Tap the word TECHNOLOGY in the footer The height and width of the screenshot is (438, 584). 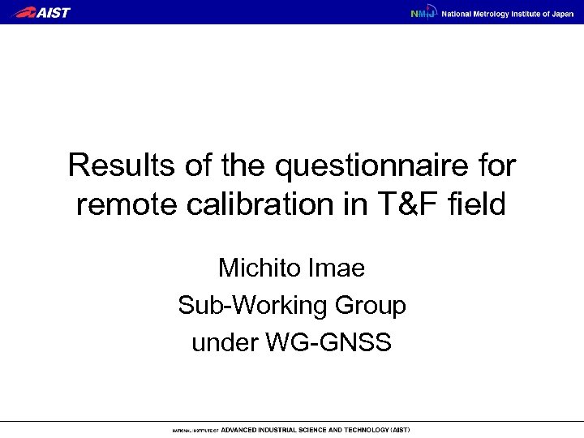[x=359, y=429]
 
